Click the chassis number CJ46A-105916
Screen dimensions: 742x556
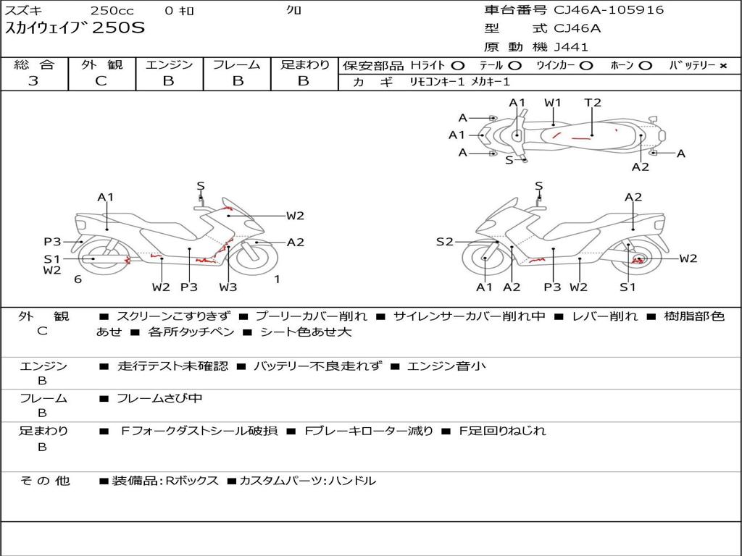click(x=609, y=10)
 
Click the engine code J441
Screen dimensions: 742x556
click(x=571, y=47)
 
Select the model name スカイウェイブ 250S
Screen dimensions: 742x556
click(x=75, y=28)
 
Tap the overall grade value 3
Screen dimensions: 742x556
click(x=33, y=80)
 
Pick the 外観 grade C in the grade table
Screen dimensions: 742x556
click(x=101, y=81)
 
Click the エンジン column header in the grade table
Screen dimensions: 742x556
click(x=169, y=64)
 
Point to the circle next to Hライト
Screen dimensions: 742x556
click(x=457, y=66)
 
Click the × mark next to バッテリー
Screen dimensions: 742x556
click(x=722, y=66)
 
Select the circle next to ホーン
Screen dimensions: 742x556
click(x=645, y=66)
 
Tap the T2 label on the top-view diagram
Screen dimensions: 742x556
click(x=593, y=103)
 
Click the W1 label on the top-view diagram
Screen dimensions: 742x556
click(x=552, y=103)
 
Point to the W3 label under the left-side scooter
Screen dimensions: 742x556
click(x=228, y=287)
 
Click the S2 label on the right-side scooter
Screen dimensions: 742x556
click(x=444, y=242)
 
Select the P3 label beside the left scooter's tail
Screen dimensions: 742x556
click(x=52, y=242)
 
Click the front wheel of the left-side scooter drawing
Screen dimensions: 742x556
click(x=257, y=259)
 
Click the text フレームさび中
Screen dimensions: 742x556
click(x=159, y=399)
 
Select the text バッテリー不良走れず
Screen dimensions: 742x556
click(x=317, y=366)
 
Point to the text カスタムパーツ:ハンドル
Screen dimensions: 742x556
click(x=307, y=481)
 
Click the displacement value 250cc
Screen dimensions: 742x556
click(x=112, y=10)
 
